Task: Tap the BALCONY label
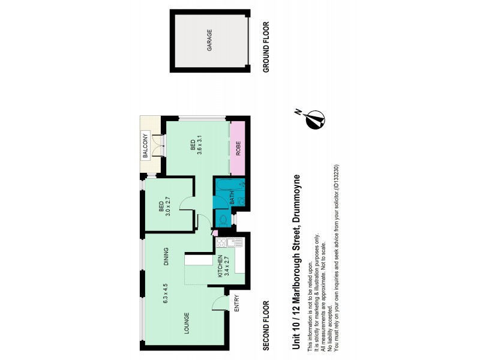pos(145,146)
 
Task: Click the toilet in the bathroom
pos(222,220)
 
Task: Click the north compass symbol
pos(314,121)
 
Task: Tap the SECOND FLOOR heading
pos(266,325)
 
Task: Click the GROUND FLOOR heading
pos(266,47)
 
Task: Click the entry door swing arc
pos(219,303)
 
